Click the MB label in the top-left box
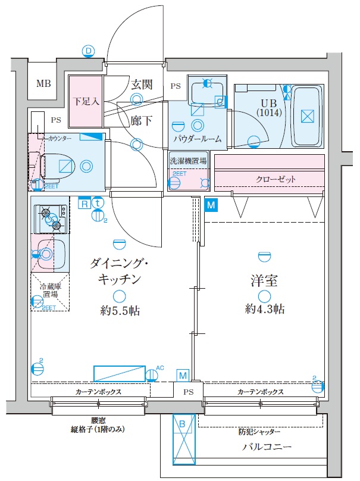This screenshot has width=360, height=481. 43,83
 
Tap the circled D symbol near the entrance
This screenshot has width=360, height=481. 89,51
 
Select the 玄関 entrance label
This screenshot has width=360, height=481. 142,84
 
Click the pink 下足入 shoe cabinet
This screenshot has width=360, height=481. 84,101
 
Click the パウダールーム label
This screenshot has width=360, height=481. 198,139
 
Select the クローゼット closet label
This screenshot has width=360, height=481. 276,179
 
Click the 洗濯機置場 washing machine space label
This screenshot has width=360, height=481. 188,161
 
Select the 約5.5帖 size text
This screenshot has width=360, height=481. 120,310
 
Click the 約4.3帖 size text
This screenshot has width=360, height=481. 264,308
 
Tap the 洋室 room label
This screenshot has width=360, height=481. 264,281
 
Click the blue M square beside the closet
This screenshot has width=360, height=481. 211,205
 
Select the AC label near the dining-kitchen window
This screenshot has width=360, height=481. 159,367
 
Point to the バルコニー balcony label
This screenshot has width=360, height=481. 265,446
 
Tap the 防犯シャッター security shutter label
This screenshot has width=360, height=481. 259,432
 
